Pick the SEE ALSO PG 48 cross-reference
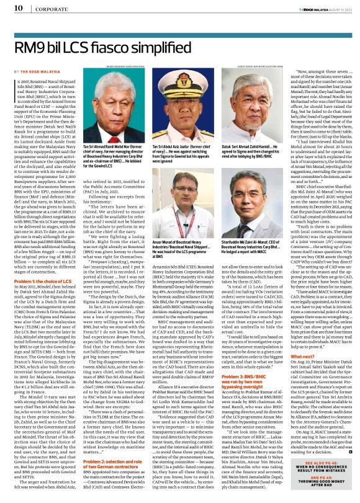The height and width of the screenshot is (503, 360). pos(318,463)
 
